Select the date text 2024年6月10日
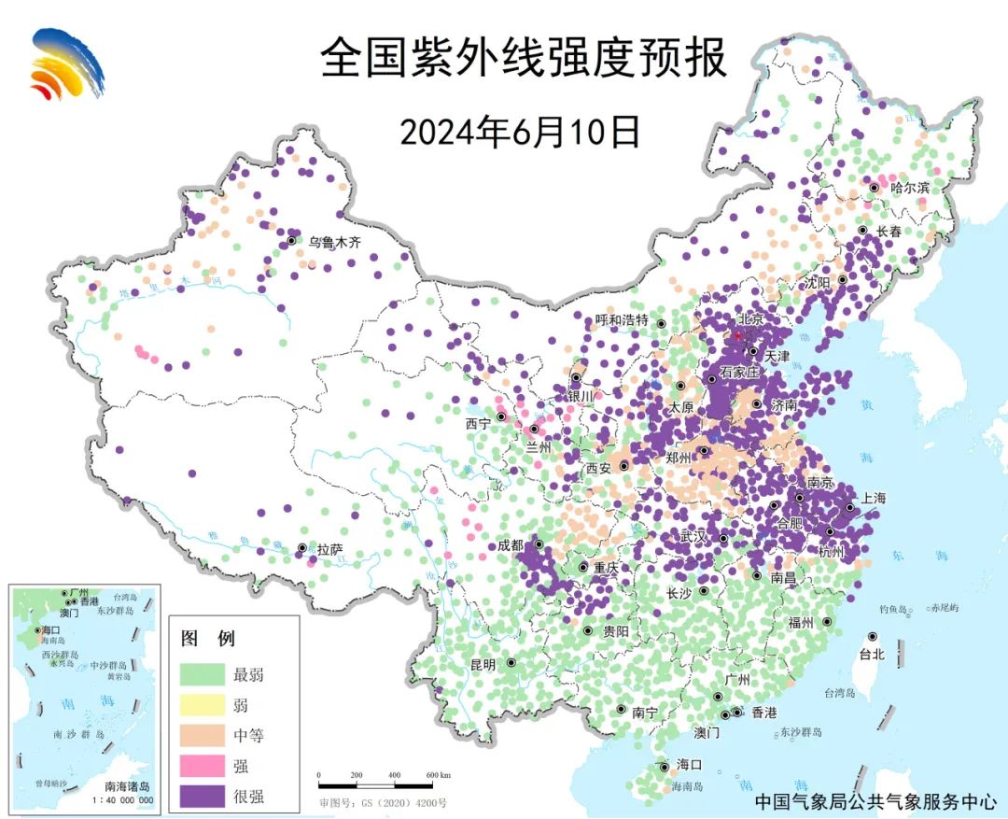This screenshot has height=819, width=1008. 520,132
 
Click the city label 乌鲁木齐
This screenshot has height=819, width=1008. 335,242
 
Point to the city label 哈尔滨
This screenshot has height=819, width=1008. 910,188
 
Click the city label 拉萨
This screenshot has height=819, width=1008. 330,549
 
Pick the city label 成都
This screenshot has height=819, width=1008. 511,544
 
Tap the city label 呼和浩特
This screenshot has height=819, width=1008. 622,320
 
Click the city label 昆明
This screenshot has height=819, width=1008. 483,664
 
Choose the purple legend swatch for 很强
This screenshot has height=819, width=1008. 202,797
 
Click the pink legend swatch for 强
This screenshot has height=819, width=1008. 202,766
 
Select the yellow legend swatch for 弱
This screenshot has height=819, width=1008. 202,704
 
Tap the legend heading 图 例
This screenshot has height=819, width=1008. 207,639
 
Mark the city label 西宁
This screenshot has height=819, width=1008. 478,422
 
